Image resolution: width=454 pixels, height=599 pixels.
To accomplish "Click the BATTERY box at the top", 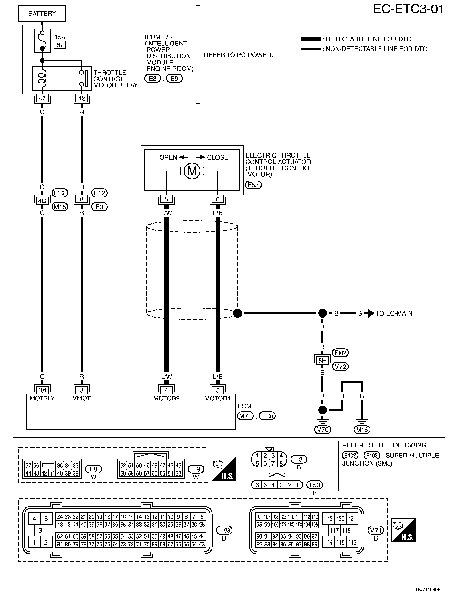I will (42, 14).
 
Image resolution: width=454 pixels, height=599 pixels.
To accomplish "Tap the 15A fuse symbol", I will (42, 41).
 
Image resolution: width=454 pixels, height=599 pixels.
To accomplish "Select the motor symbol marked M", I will (192, 171).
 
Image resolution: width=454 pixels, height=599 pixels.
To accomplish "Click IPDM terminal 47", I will (42, 98).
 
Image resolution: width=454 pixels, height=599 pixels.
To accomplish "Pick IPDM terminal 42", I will (81, 98).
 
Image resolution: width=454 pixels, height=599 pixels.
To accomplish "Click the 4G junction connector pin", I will (42, 201).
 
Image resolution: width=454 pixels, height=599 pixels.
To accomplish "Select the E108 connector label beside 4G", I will (60, 193).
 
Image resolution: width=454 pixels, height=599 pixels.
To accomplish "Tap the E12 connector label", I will (99, 193).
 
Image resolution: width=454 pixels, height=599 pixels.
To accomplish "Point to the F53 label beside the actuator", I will (253, 185).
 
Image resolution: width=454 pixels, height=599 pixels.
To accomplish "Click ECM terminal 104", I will (42, 390).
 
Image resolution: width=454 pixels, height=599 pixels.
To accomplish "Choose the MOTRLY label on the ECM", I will (42, 398).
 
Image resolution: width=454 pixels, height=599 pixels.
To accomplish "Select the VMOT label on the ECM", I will (82, 398).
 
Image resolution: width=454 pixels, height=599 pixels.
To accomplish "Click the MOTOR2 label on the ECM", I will (166, 398).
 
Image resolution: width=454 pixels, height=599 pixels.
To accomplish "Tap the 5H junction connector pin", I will (322, 361).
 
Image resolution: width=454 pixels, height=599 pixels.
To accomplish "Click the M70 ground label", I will (322, 429).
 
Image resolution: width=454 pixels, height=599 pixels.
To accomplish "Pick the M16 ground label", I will (362, 429).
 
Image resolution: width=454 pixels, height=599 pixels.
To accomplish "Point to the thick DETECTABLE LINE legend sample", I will (311, 39).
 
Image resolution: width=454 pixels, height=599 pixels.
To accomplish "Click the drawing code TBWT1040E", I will (428, 589).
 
